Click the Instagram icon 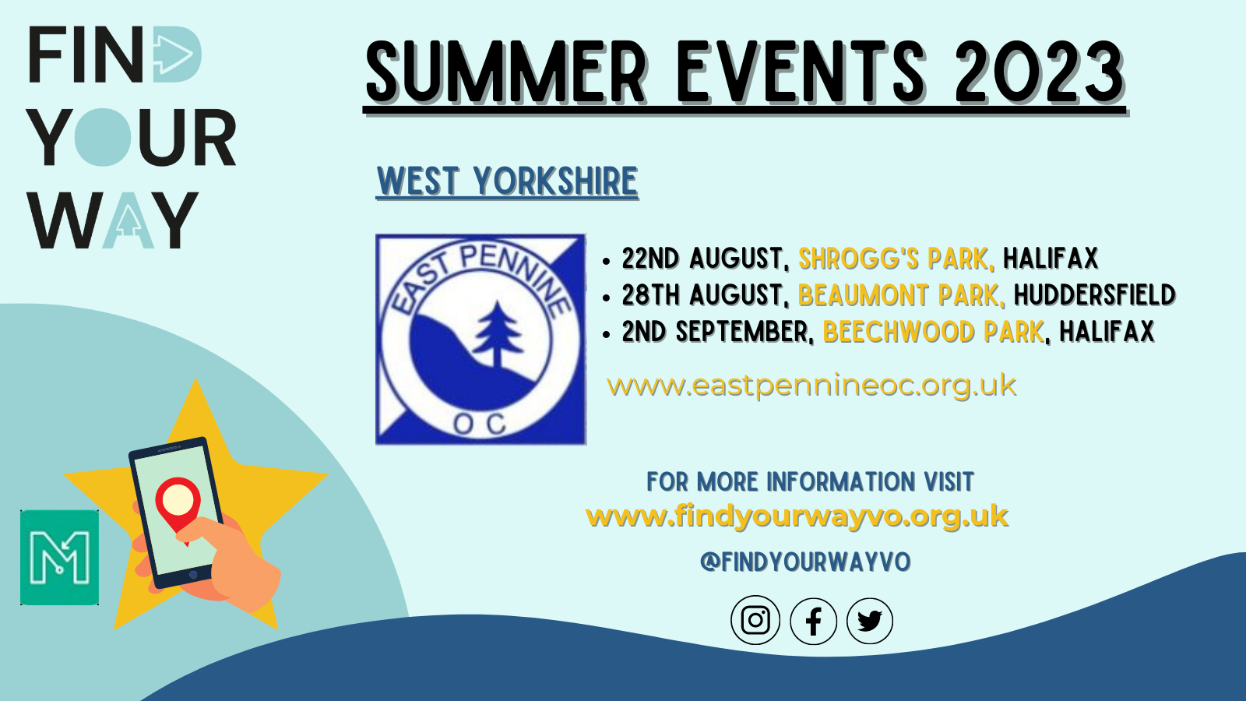tap(755, 620)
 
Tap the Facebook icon tap(813, 621)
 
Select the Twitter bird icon tap(870, 621)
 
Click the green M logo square tap(59, 557)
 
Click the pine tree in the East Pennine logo tap(498, 334)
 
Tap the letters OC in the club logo tap(480, 424)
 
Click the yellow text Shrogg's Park tap(896, 259)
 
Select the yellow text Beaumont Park tap(902, 295)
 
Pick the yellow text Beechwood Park tap(933, 332)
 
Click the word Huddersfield tap(1095, 295)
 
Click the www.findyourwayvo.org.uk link tap(797, 517)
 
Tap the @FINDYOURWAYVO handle tap(805, 562)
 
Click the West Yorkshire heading tap(507, 181)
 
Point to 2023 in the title tap(1039, 72)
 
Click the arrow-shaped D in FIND tap(177, 54)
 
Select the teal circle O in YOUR tap(103, 137)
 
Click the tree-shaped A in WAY tap(128, 220)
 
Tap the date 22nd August tap(706, 259)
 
